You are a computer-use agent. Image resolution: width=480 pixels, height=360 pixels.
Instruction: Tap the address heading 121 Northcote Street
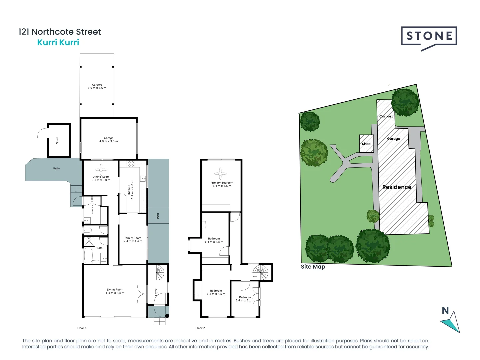coord(60,32)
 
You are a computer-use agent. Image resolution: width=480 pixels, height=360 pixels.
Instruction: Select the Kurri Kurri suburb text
coord(58,42)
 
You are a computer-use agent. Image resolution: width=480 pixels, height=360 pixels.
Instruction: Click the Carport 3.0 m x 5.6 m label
coord(97,86)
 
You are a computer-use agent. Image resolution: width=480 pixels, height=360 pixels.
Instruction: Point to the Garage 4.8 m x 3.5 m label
coord(108,140)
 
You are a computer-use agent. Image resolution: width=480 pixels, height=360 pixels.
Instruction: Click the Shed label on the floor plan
coord(57,140)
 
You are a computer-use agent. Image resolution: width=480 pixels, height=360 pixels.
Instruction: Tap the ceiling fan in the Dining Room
coord(101,169)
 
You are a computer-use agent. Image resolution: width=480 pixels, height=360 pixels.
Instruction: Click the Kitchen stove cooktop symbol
coord(131,164)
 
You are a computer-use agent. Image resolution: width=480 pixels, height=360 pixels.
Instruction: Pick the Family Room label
coord(133,239)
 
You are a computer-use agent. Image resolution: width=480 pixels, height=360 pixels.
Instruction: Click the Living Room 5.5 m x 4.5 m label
coord(115,291)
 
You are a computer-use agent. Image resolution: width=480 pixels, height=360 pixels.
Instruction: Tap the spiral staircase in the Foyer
coord(159,273)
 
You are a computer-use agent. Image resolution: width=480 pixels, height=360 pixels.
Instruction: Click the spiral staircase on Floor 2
coord(260,272)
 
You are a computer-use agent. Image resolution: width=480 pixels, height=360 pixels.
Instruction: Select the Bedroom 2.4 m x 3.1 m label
coord(245,299)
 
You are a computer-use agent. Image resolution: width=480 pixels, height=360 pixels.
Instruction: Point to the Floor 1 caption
coord(82,328)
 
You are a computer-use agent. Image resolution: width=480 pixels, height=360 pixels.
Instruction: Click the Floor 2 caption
coord(200,328)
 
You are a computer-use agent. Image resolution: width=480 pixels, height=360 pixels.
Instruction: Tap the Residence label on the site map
coord(397,187)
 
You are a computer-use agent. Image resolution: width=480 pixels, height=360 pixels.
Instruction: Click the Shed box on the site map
coord(366,144)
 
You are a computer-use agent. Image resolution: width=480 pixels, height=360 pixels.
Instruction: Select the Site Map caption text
coord(313,267)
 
